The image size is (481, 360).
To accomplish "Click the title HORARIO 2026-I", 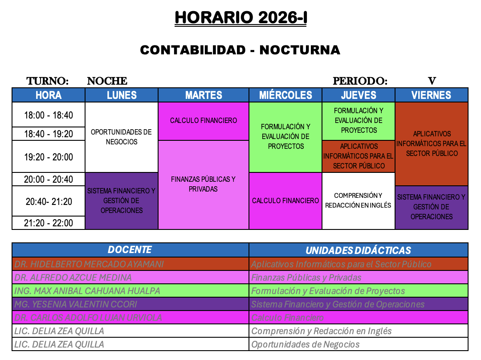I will [x=240, y=18].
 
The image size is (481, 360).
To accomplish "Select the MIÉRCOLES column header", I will [x=285, y=95].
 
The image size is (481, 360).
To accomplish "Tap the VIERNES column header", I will [x=431, y=95].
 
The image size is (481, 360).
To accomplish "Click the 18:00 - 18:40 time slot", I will [x=49, y=115].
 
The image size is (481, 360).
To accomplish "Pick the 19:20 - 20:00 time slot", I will [x=49, y=157].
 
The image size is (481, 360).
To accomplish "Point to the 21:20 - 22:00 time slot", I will [x=49, y=223].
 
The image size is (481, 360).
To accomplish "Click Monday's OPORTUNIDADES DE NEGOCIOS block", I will [x=121, y=137].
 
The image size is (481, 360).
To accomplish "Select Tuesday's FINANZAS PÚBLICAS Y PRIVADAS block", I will [x=203, y=184].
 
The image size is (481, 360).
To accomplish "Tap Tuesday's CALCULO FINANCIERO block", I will [x=203, y=121].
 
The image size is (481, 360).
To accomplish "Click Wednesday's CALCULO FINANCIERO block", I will [x=285, y=200].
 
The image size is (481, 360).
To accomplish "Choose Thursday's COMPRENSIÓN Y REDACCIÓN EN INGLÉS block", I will [x=358, y=200].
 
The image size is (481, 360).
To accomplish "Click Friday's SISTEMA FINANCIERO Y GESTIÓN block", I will [x=431, y=207].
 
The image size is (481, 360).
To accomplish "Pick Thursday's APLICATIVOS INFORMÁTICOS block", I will [x=358, y=156].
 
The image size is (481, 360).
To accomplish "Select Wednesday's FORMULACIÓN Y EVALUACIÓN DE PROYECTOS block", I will [x=285, y=136].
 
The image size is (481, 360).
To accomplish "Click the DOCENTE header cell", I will [x=130, y=250].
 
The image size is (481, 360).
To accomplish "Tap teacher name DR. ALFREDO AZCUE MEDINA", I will [x=73, y=278].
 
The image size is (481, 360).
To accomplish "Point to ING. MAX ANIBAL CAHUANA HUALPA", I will [x=87, y=291].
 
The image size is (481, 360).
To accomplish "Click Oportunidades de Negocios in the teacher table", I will [x=306, y=344].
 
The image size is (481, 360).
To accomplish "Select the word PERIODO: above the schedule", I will [x=360, y=81].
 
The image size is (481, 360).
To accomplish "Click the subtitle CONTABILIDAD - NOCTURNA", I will [x=240, y=50].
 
